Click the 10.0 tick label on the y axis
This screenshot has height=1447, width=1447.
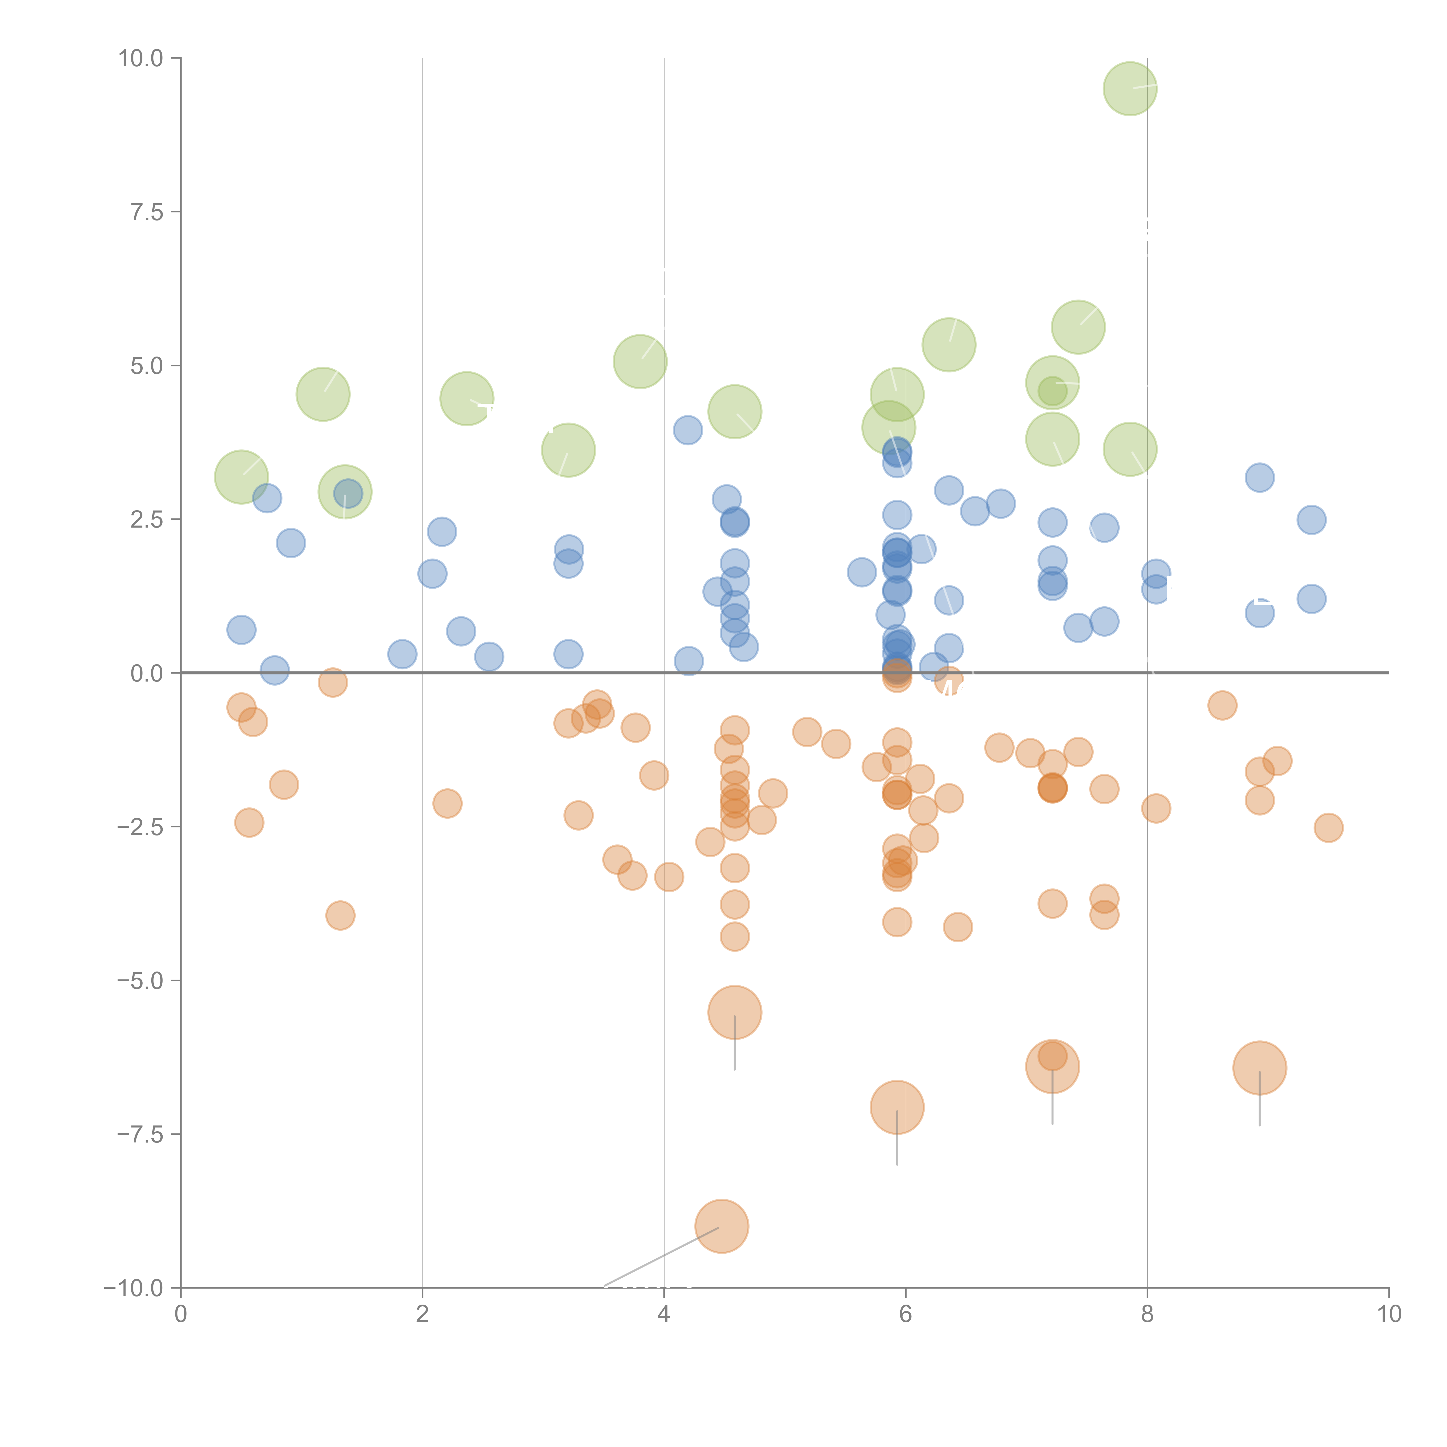click(x=141, y=58)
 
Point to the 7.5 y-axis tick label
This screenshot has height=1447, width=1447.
click(x=147, y=212)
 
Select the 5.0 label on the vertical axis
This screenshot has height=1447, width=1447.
click(x=147, y=366)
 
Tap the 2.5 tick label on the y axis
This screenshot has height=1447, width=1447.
click(x=147, y=519)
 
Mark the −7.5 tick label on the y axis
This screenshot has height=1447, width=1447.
click(x=141, y=1134)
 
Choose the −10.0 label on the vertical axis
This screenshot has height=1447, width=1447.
click(x=135, y=1288)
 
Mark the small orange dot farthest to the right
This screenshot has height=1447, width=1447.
click(x=1328, y=828)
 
